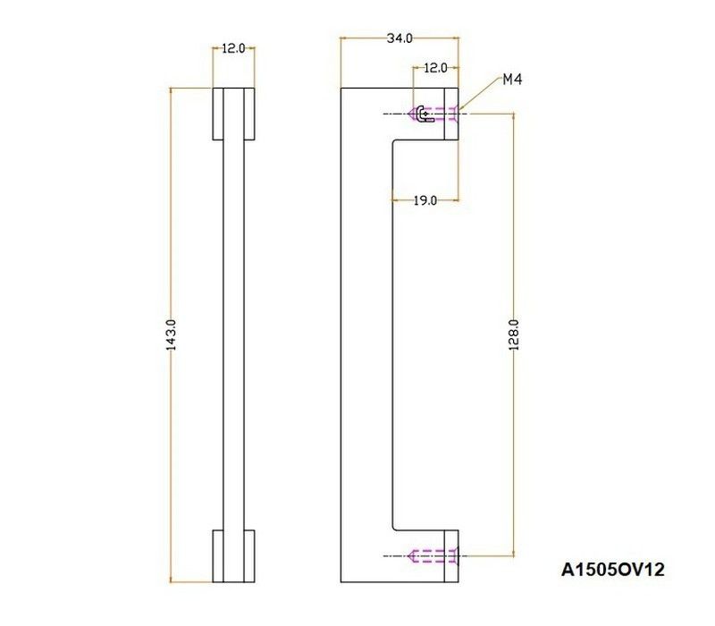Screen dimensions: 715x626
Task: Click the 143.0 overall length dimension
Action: pos(171,334)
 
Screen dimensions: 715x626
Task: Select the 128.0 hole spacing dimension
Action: pos(513,334)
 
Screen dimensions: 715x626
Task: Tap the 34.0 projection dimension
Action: pos(400,38)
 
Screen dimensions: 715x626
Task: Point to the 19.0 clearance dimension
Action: pos(425,200)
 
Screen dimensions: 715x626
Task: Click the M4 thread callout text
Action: pos(512,80)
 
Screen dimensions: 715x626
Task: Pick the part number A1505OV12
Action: pos(613,570)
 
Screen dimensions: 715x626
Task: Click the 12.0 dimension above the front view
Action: pos(233,48)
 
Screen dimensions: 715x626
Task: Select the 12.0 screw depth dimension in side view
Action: pos(435,68)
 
